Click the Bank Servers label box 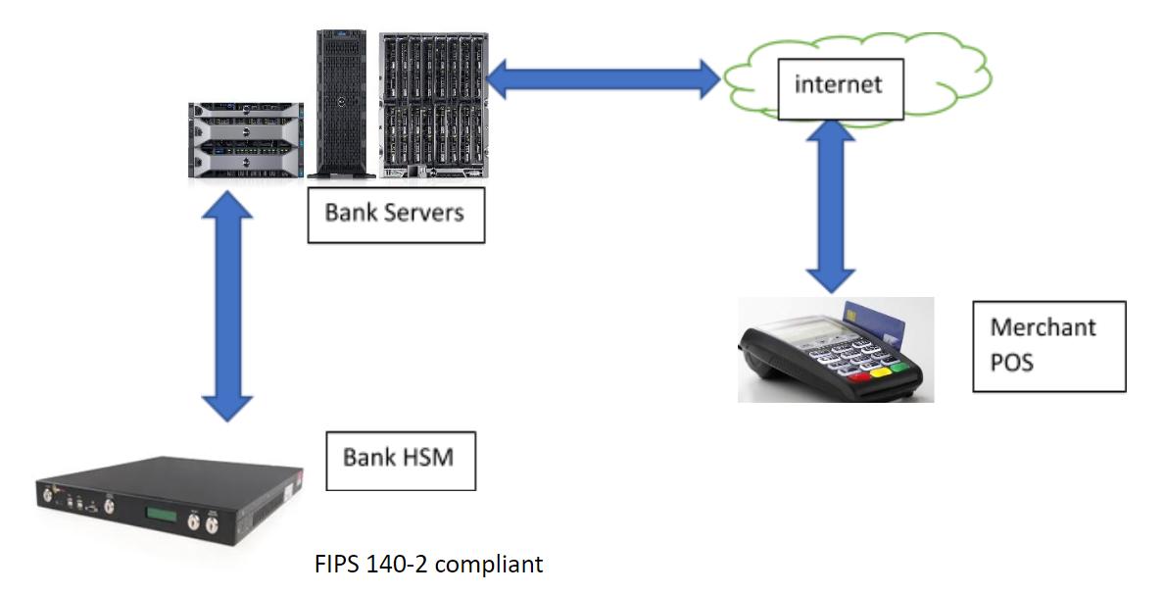click(395, 213)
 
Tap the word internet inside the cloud click(838, 83)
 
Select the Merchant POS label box click(1048, 346)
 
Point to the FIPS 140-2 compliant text click(428, 565)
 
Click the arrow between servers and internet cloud click(604, 78)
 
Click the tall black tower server click(341, 104)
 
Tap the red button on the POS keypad click(859, 376)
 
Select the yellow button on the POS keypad click(881, 371)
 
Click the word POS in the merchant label click(1013, 363)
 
